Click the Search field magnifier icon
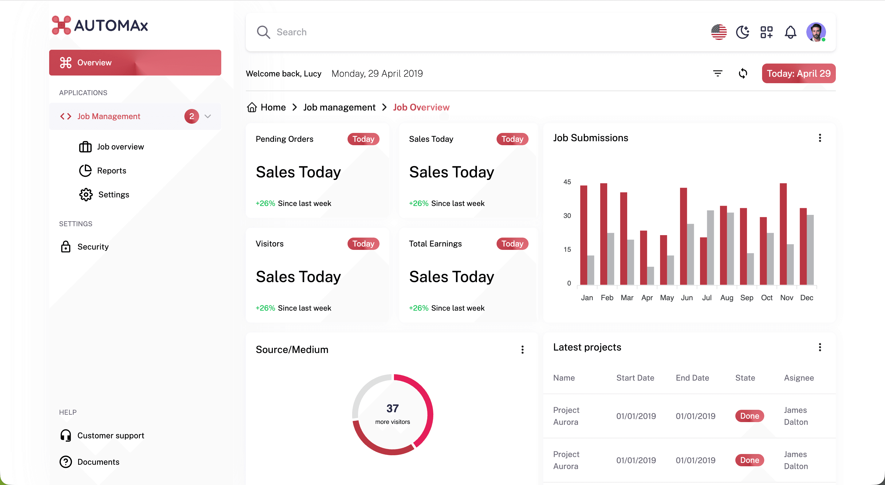(x=264, y=32)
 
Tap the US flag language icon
(x=719, y=32)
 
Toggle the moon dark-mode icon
(x=743, y=32)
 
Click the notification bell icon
(x=791, y=32)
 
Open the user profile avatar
(x=816, y=32)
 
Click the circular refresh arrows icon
(x=743, y=73)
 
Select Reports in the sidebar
(x=112, y=171)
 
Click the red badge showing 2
(x=192, y=116)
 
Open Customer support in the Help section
(x=111, y=436)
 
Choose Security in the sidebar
(x=93, y=247)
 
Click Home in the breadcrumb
(x=273, y=107)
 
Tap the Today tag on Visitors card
(x=363, y=244)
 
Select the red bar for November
(x=783, y=234)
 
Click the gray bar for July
(x=710, y=247)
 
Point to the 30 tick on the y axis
(x=567, y=215)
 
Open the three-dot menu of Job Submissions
(x=820, y=138)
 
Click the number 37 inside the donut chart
(x=393, y=409)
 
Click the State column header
(x=745, y=378)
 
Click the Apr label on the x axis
(x=647, y=297)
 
